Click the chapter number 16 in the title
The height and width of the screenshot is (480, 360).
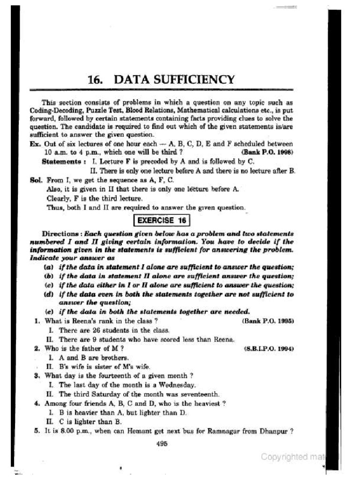95,79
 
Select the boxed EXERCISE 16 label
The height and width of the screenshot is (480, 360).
162,220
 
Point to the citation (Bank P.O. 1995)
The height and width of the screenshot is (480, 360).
267,322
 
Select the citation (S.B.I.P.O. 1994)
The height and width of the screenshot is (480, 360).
269,349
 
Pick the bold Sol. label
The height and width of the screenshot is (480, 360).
36,180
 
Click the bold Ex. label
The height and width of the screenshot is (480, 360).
35,143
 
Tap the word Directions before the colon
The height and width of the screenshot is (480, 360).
60,233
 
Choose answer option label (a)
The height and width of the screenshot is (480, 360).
48,267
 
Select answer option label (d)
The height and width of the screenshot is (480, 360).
48,294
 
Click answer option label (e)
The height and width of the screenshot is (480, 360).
48,312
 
